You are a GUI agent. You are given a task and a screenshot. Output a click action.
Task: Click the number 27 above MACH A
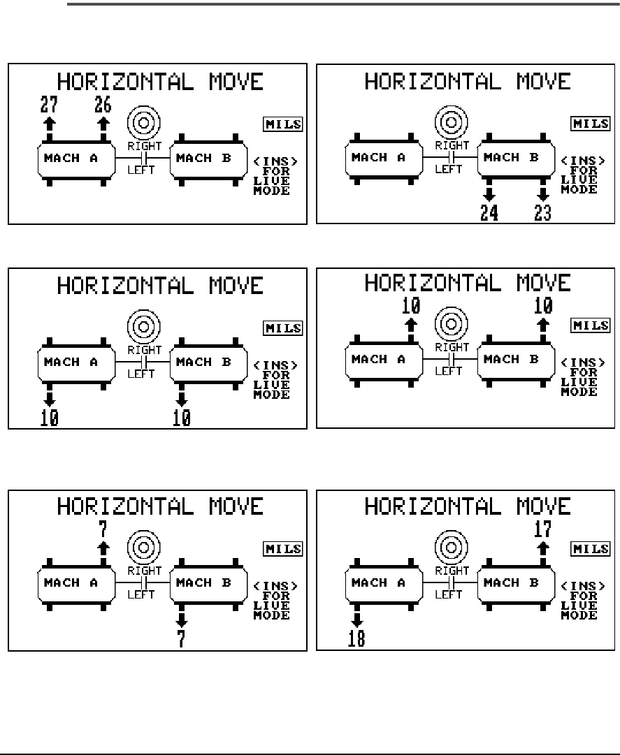[x=49, y=105]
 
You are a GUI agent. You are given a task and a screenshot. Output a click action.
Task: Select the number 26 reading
[x=103, y=105]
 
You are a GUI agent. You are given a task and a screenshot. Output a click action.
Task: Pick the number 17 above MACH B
[x=542, y=529]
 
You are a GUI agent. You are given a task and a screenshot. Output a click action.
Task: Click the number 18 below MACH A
[x=356, y=638]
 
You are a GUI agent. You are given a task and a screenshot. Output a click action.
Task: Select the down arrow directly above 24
[x=489, y=194]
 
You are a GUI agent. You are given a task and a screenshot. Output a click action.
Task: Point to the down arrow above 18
[x=356, y=620]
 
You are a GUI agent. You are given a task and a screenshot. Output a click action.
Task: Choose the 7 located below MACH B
[x=181, y=638]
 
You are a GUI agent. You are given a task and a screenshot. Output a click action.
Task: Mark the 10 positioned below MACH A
[x=49, y=418]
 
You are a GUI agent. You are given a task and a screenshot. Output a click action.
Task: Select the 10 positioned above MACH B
[x=542, y=305]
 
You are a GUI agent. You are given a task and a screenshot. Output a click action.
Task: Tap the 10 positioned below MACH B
[x=181, y=418]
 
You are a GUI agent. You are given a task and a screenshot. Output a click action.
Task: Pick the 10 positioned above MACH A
[x=410, y=305]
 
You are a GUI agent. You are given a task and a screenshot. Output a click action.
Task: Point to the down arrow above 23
[x=542, y=194]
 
